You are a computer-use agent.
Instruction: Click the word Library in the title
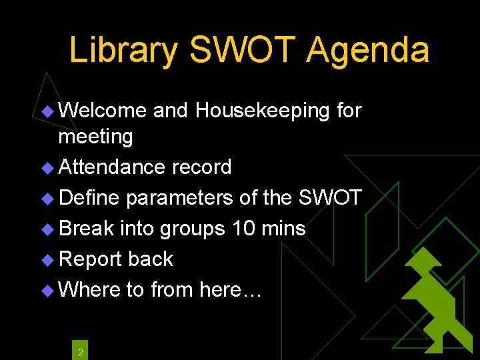pyautogui.click(x=124, y=51)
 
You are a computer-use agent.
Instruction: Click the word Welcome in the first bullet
pyautogui.click(x=102, y=110)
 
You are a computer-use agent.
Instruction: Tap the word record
pyautogui.click(x=202, y=167)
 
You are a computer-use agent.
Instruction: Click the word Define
pyautogui.click(x=89, y=197)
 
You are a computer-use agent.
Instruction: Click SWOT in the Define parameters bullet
pyautogui.click(x=330, y=197)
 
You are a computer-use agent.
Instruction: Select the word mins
pyautogui.click(x=283, y=228)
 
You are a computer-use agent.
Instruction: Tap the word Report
pyautogui.click(x=91, y=259)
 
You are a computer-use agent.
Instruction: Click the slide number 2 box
pyautogui.click(x=80, y=351)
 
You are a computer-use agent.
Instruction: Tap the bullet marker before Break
pyautogui.click(x=47, y=229)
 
